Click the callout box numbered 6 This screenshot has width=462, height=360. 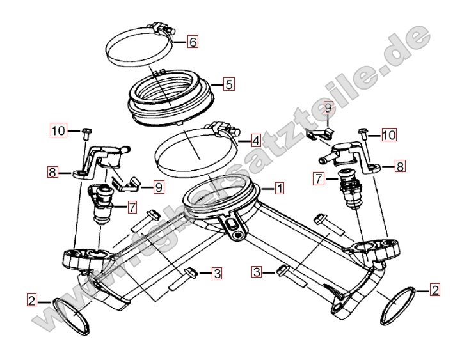193,42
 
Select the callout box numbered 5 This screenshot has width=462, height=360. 229,84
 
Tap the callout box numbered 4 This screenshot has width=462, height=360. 255,141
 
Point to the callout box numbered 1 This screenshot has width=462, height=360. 280,189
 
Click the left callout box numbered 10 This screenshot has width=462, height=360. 59,130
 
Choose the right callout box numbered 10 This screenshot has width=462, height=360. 389,135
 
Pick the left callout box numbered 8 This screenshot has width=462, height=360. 52,172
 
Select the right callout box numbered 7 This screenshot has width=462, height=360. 319,179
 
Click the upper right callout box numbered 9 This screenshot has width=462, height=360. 328,107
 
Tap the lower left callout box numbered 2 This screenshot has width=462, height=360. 31,301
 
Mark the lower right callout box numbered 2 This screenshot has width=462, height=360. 435,290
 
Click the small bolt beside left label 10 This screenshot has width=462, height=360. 86,134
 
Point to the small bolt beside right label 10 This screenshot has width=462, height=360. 362,134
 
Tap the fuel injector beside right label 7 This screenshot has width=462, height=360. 350,189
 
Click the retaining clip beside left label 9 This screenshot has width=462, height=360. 125,184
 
